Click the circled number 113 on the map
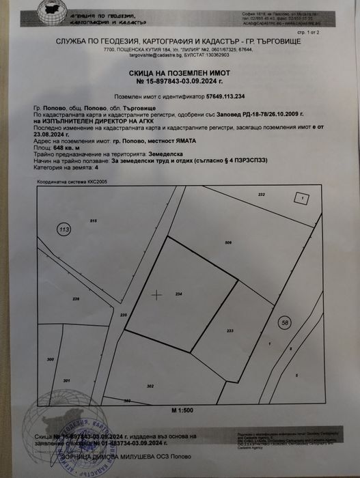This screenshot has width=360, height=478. tap(64, 229)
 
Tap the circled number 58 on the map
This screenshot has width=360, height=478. tap(284, 321)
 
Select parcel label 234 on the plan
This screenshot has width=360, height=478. tap(179, 294)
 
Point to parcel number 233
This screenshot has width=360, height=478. tap(230, 331)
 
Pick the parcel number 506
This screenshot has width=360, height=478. tap(228, 243)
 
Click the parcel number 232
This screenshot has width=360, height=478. tap(261, 195)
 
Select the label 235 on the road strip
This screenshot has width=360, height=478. tap(124, 315)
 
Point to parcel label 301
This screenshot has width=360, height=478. tap(66, 380)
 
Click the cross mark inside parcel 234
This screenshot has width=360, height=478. tap(156, 295)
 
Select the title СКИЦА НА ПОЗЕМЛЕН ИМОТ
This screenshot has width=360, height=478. tap(180, 72)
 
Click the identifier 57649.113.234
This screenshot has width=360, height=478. tap(226, 98)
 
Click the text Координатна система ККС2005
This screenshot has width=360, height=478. tap(66, 182)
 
